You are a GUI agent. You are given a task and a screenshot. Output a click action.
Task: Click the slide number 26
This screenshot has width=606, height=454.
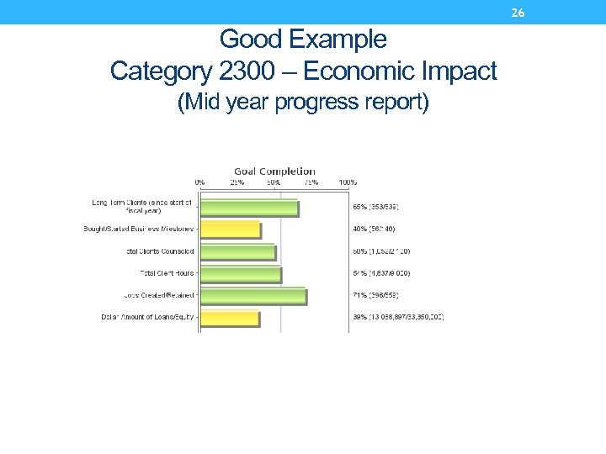[518, 13]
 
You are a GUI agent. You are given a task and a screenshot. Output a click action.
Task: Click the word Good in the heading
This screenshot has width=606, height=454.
[248, 40]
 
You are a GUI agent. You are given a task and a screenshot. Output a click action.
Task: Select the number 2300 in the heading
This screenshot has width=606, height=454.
[253, 71]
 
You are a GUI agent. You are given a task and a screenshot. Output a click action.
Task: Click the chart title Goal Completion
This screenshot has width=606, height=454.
[274, 172]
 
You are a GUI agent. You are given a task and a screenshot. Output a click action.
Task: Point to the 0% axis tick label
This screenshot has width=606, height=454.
[200, 182]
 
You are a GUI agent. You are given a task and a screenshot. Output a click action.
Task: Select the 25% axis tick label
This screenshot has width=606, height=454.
[237, 182]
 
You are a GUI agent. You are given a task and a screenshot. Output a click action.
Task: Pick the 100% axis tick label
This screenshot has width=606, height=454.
[348, 182]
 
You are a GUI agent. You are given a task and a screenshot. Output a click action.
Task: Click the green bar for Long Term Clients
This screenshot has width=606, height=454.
[248, 208]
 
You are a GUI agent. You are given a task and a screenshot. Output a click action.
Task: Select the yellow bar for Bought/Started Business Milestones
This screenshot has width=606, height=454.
[230, 230]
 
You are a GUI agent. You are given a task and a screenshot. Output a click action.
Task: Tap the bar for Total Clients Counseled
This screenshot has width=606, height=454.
[237, 251]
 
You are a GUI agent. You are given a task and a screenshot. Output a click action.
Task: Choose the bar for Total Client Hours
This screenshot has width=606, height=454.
[241, 274]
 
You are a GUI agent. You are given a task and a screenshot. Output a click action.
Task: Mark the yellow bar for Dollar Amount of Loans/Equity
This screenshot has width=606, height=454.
[229, 318]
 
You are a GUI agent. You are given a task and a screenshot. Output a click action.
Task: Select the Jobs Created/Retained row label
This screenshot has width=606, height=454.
[159, 295]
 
